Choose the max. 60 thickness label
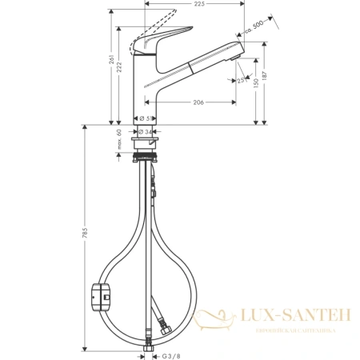(x=119, y=141)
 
